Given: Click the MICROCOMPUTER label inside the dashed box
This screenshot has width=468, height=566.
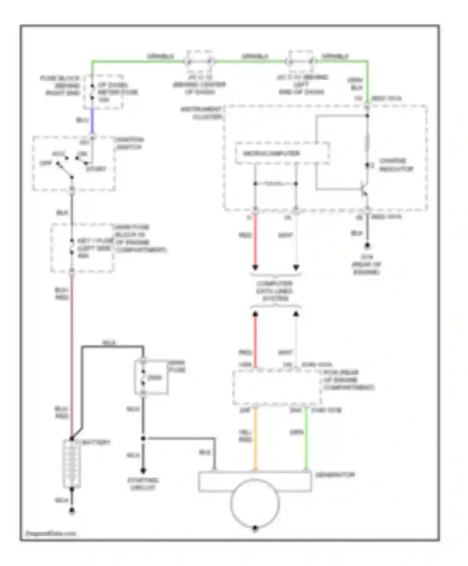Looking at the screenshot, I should tap(271, 154).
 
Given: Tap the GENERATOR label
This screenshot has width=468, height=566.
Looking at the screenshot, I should tap(335, 475).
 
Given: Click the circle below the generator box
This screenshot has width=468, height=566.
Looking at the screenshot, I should tap(255, 503).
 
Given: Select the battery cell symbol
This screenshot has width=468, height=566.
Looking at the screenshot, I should tap(72, 464).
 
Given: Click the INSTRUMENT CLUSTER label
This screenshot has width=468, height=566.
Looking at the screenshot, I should tap(201, 113).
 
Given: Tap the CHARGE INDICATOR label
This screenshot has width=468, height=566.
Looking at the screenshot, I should tap(396, 165).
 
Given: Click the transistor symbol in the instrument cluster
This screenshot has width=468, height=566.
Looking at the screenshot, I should tap(364, 189).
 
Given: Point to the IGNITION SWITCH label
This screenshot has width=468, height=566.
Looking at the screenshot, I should tap(129, 143).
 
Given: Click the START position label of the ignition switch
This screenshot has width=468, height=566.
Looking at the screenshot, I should tap(96, 169).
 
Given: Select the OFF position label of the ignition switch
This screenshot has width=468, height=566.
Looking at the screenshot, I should tap(46, 163).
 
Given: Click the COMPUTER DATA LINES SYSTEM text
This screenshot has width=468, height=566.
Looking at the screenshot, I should tap(275, 291).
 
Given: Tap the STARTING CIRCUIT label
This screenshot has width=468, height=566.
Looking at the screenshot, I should tap(143, 484).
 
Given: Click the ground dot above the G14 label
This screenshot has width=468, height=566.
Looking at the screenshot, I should tap(367, 246).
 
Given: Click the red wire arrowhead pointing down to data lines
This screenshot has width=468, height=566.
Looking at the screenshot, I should tap(255, 267).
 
